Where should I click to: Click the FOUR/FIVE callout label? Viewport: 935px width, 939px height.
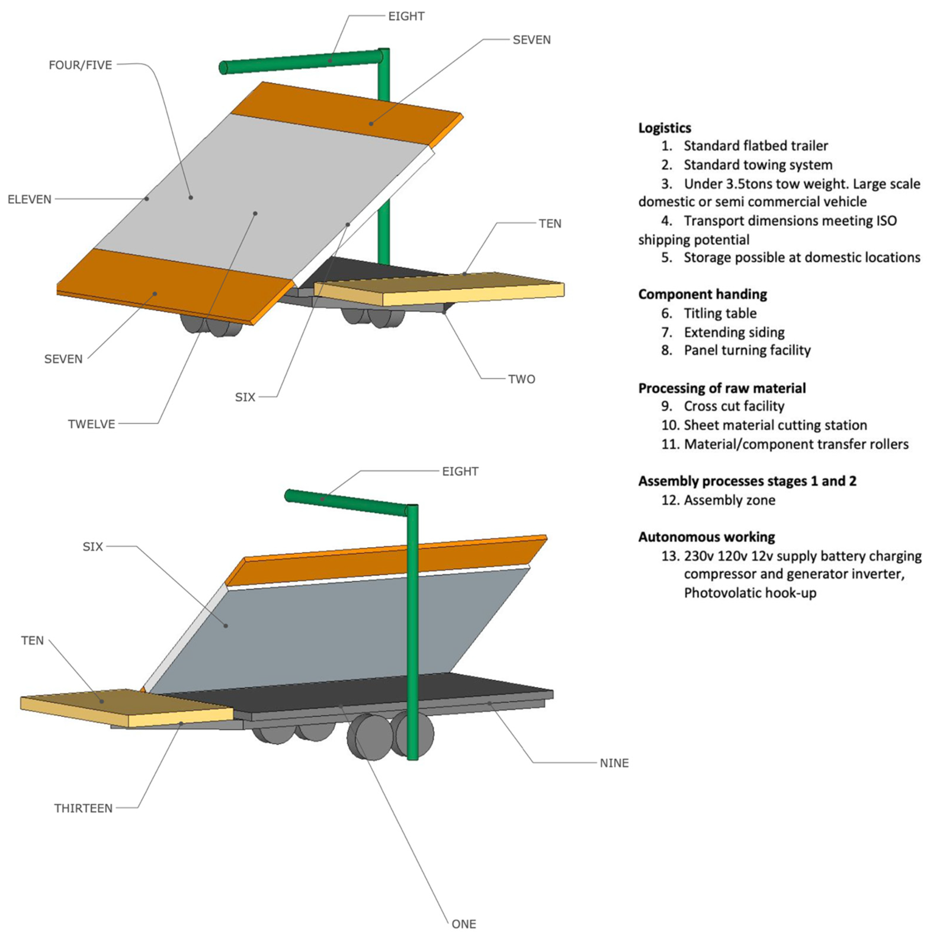(x=80, y=65)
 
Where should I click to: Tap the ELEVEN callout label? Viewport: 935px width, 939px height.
(x=29, y=199)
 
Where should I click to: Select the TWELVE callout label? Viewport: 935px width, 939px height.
(x=91, y=424)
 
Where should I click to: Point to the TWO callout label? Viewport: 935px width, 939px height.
(x=522, y=379)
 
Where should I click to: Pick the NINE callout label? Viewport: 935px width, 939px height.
(x=614, y=763)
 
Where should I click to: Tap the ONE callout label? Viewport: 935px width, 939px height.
(x=464, y=924)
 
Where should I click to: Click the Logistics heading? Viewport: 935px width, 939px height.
(x=665, y=128)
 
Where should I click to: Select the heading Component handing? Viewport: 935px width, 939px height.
(x=702, y=294)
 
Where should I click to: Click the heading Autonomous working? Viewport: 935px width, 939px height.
(x=706, y=537)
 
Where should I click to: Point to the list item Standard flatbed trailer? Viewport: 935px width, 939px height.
(x=756, y=146)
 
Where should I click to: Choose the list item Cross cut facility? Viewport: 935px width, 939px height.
(x=734, y=406)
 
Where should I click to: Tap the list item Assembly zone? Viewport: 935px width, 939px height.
(x=729, y=500)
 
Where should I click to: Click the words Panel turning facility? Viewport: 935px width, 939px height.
(x=747, y=350)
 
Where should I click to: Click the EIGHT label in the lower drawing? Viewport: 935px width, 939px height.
(x=460, y=472)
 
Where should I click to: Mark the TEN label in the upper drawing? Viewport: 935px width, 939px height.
(x=550, y=223)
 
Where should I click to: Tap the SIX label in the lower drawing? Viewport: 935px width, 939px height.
(x=93, y=547)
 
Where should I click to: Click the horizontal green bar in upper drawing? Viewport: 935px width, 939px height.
(x=301, y=62)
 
